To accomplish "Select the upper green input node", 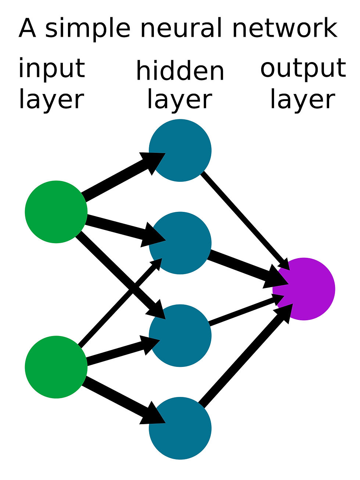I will pyautogui.click(x=56, y=212).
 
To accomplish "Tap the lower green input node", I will pyautogui.click(x=56, y=367).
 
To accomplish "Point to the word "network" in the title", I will pyautogui.click(x=285, y=29).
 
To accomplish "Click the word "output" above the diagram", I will pyautogui.click(x=303, y=69).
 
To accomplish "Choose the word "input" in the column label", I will pyautogui.click(x=52, y=69).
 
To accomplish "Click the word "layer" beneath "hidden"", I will pyautogui.click(x=180, y=100).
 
